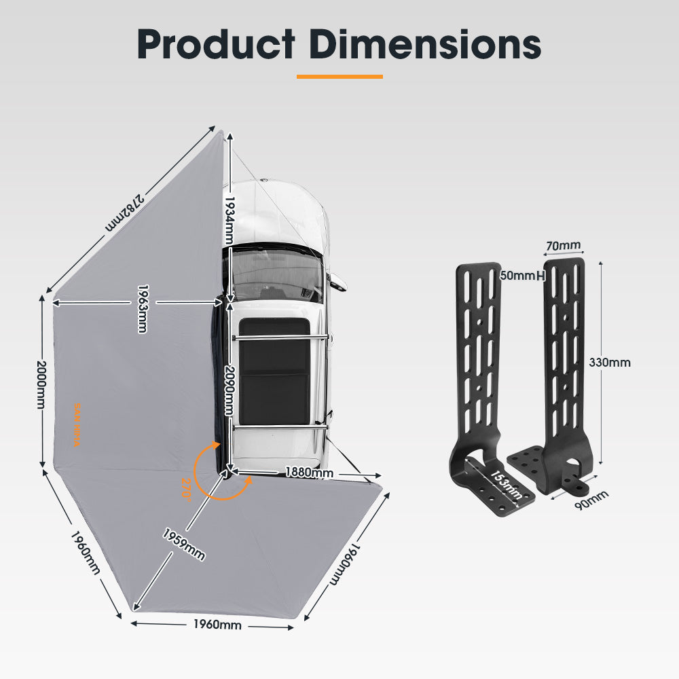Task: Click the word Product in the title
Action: (215, 44)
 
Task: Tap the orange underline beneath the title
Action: (339, 77)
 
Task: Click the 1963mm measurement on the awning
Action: (142, 308)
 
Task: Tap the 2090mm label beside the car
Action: (230, 390)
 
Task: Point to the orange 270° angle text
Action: (187, 488)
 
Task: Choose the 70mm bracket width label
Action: (564, 244)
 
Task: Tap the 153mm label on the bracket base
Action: (506, 484)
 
